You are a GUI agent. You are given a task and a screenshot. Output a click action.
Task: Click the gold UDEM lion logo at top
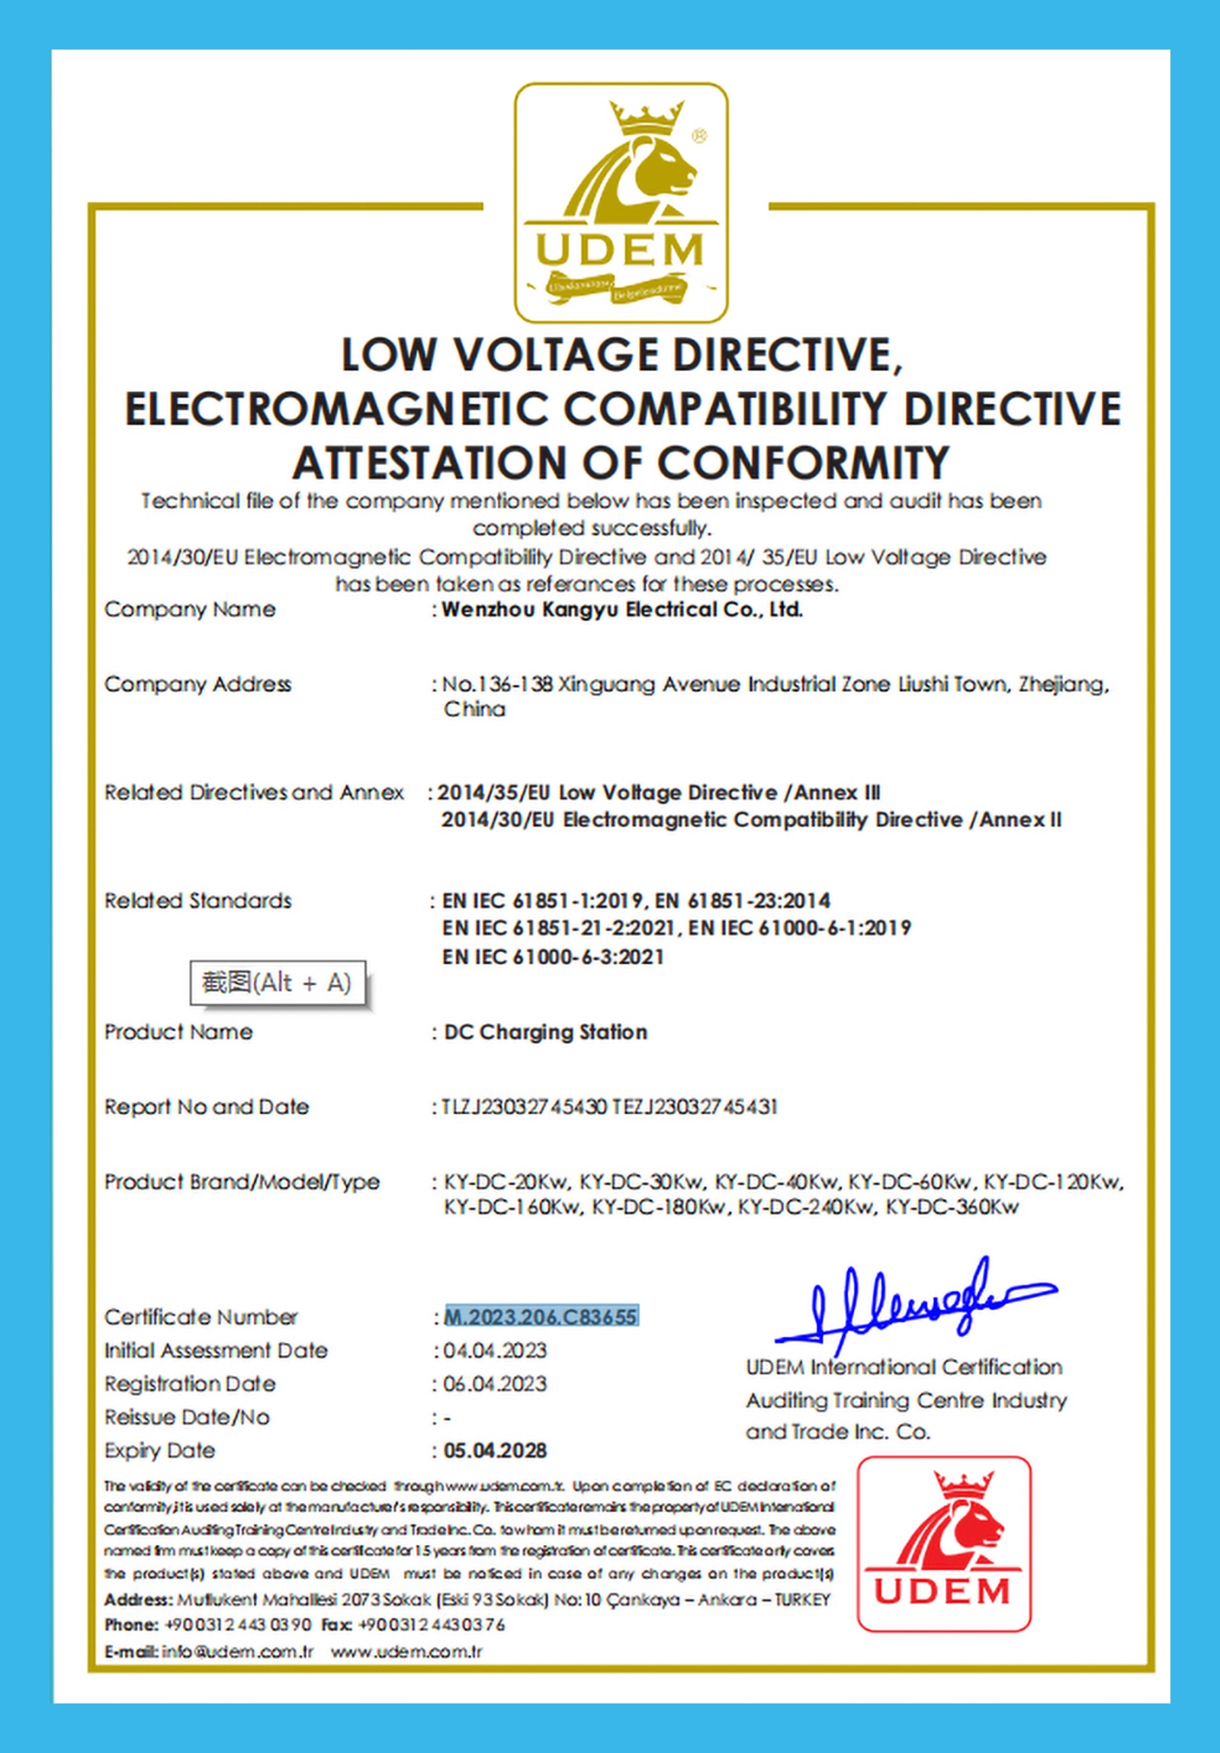click(621, 202)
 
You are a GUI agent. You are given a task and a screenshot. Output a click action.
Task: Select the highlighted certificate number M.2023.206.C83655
click(541, 1317)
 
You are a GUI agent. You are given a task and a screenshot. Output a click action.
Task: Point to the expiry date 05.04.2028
click(495, 1450)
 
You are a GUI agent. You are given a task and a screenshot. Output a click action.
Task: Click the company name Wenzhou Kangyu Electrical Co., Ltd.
click(623, 610)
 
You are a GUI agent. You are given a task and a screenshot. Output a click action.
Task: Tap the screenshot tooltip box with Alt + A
click(278, 982)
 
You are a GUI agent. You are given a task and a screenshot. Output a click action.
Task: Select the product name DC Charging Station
click(545, 1032)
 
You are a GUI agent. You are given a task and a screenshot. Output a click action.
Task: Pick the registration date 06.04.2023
click(495, 1384)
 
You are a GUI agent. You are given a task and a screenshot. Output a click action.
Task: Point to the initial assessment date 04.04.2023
click(495, 1351)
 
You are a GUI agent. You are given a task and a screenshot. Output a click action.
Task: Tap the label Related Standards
click(197, 901)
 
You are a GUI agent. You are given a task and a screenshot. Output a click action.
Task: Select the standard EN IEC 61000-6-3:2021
click(552, 957)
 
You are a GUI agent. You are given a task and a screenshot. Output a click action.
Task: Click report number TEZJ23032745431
click(695, 1107)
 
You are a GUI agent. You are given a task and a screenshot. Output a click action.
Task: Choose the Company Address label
click(197, 684)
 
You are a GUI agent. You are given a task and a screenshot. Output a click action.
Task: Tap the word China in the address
click(474, 710)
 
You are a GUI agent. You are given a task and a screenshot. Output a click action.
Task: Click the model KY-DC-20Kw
click(506, 1183)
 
